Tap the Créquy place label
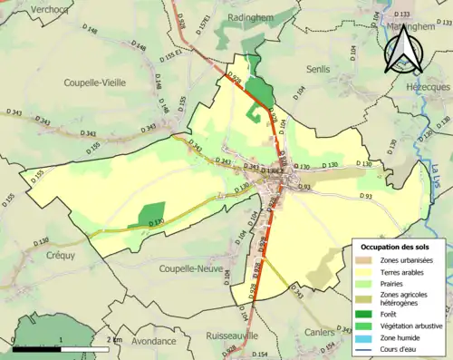coord(40,257)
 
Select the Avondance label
coord(152,342)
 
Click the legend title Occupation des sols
coord(397,246)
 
